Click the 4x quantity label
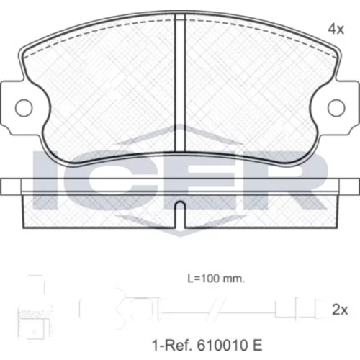pyautogui.click(x=336, y=30)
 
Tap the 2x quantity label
pyautogui.click(x=340, y=310)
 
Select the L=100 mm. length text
pyautogui.click(x=216, y=279)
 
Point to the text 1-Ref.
pyautogui.click(x=172, y=345)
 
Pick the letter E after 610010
pyautogui.click(x=257, y=345)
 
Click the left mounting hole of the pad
pyautogui.click(x=24, y=108)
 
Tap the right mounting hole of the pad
pyautogui.click(x=336, y=108)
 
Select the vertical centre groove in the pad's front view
pyautogui.click(x=180, y=83)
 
